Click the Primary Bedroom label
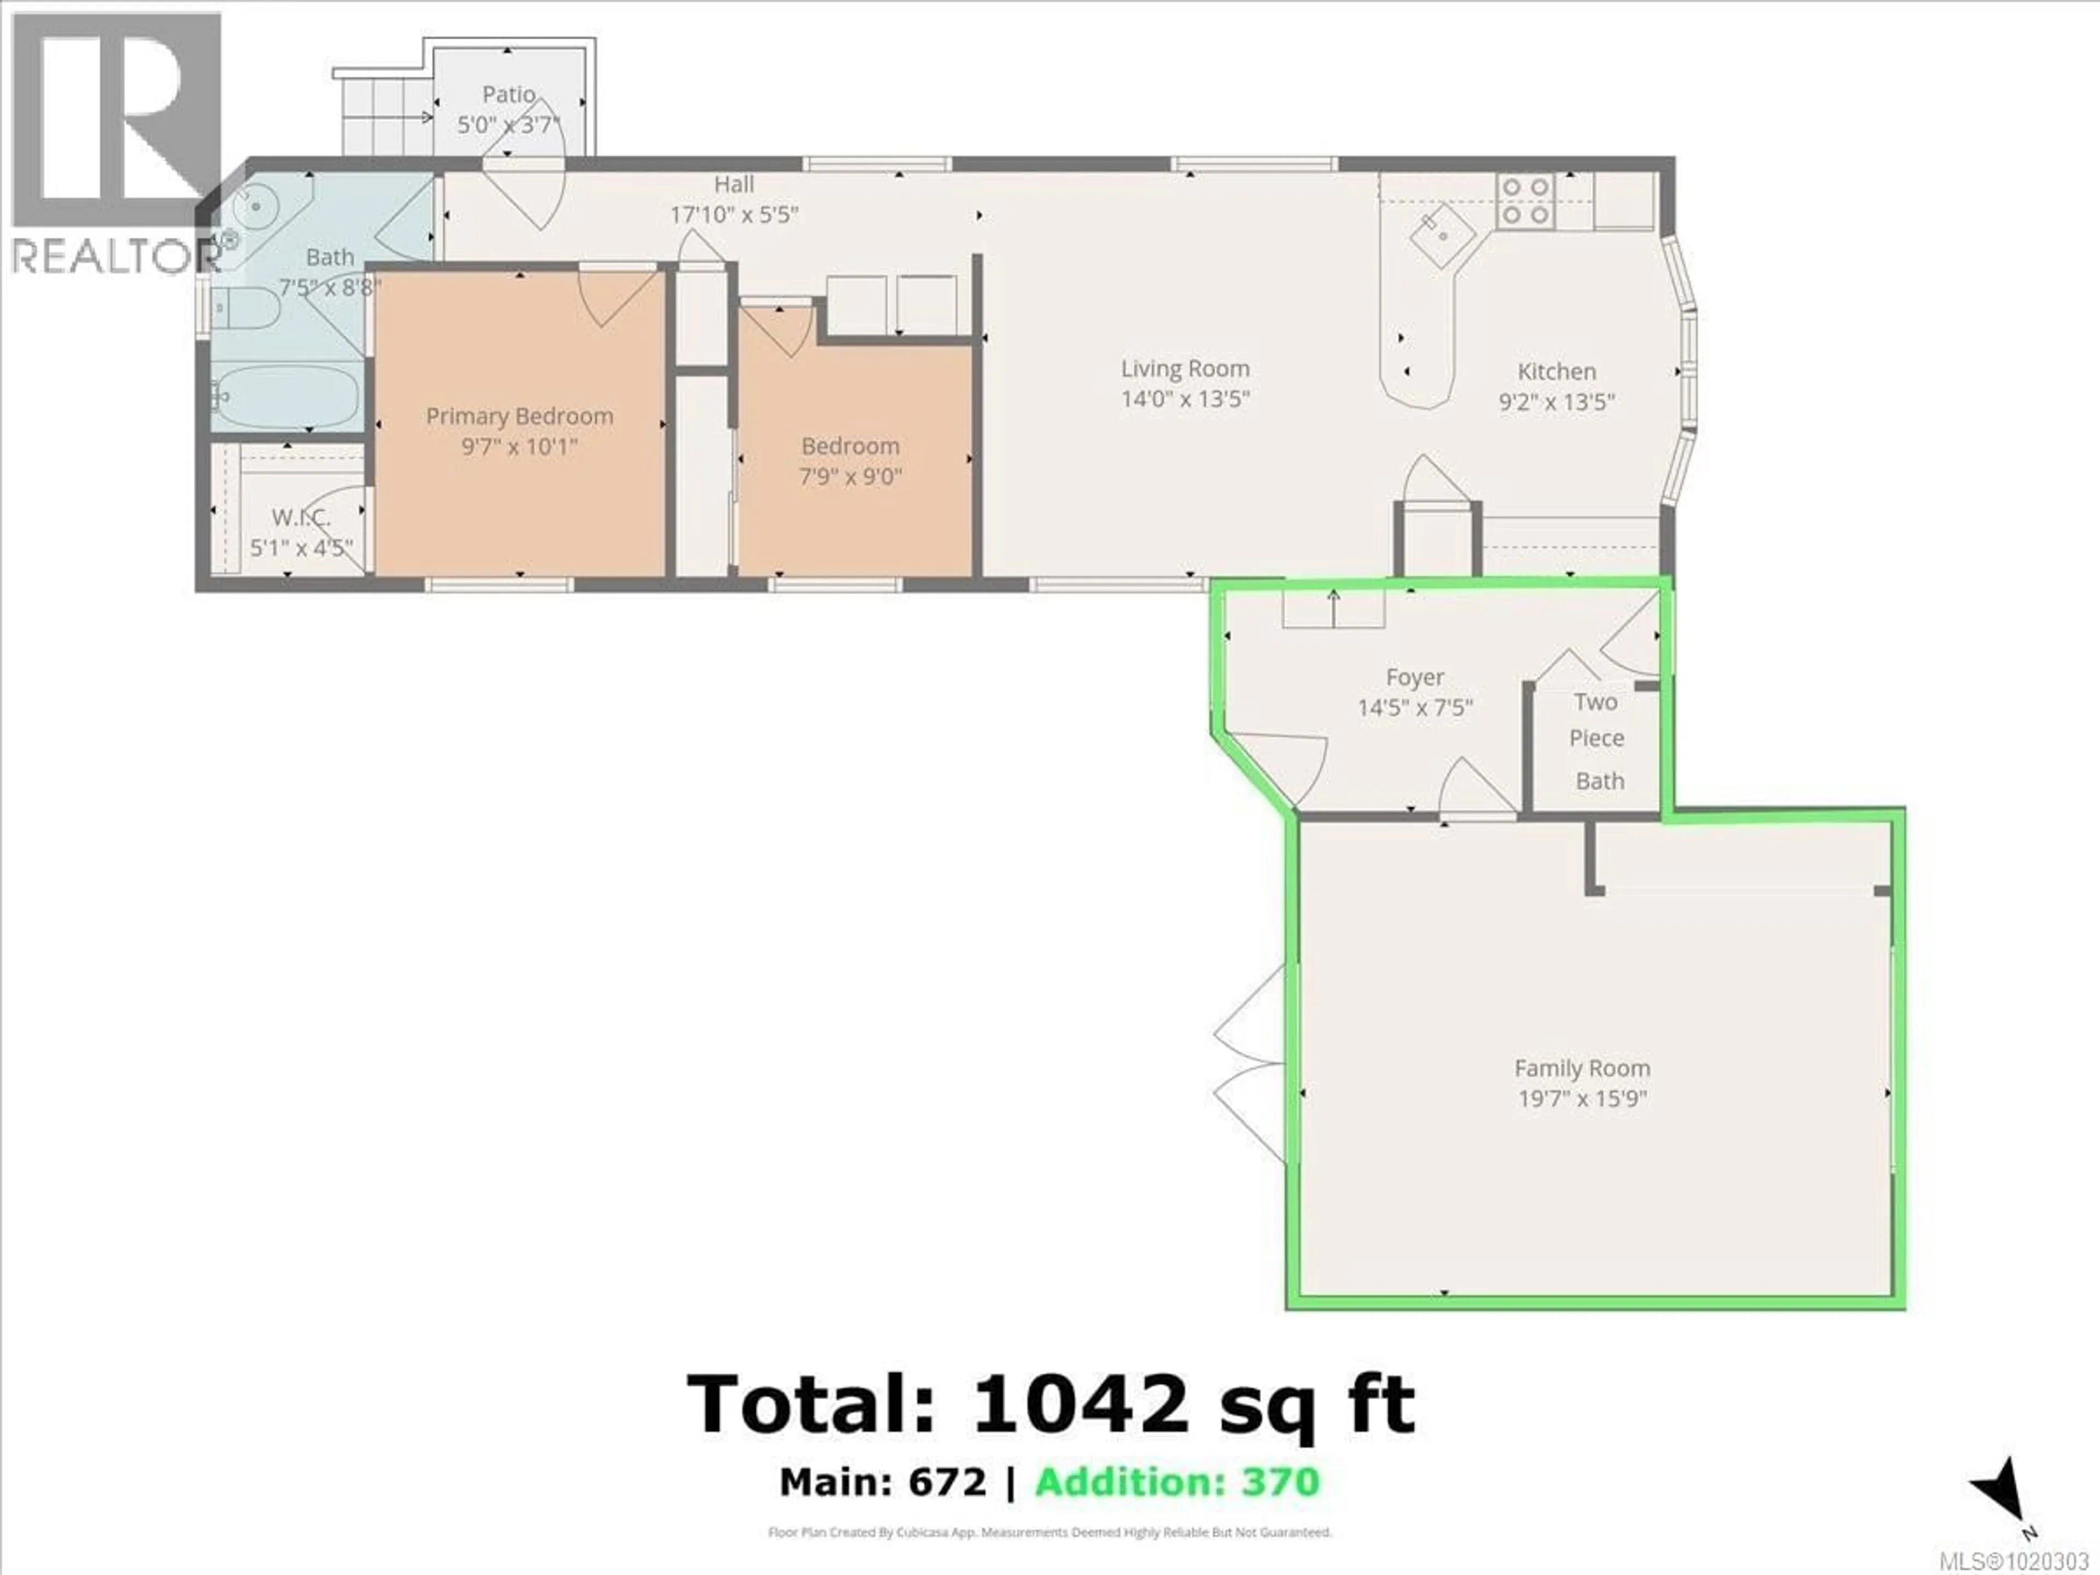point(520,416)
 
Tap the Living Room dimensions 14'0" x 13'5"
point(1185,399)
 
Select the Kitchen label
point(1556,371)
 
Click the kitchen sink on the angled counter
point(1441,236)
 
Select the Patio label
point(509,94)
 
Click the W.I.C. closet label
point(301,517)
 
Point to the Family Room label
point(1582,1068)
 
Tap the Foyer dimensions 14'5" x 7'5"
point(1415,707)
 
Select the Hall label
point(734,184)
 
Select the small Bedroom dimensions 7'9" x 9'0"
point(850,476)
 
